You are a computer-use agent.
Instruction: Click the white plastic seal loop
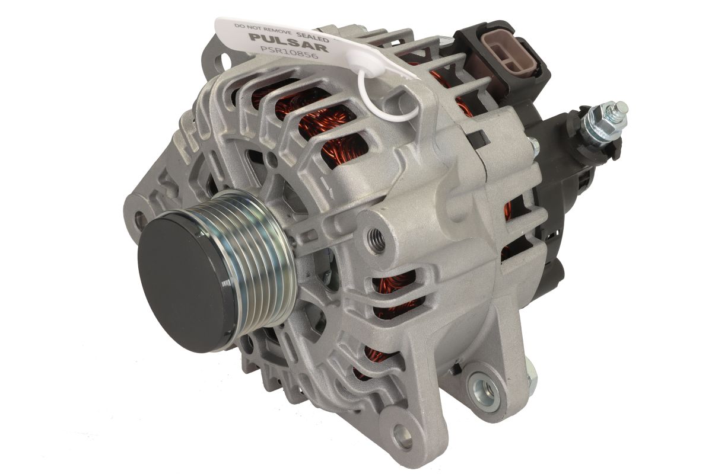point(386,95)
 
